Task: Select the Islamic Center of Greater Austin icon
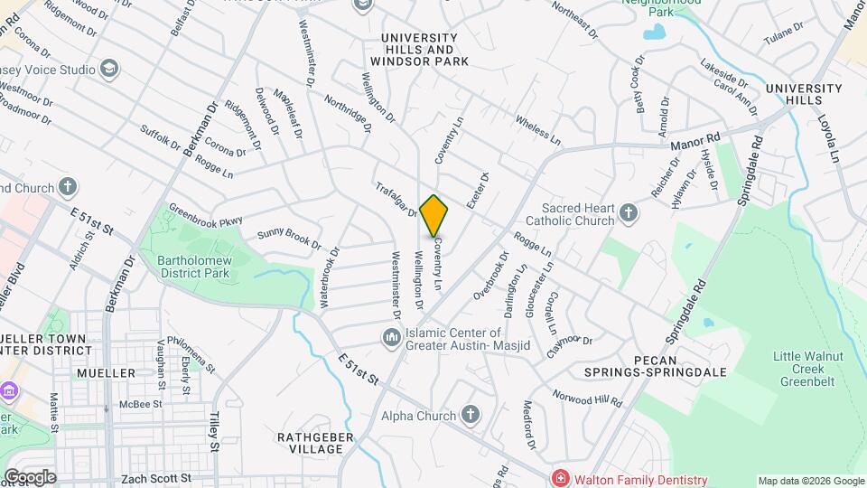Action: [391, 337]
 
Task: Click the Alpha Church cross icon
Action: [470, 415]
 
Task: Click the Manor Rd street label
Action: [700, 137]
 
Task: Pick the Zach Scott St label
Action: [158, 477]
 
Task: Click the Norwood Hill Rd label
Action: [588, 398]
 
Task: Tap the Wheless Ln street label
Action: [538, 130]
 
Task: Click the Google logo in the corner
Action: [29, 477]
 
